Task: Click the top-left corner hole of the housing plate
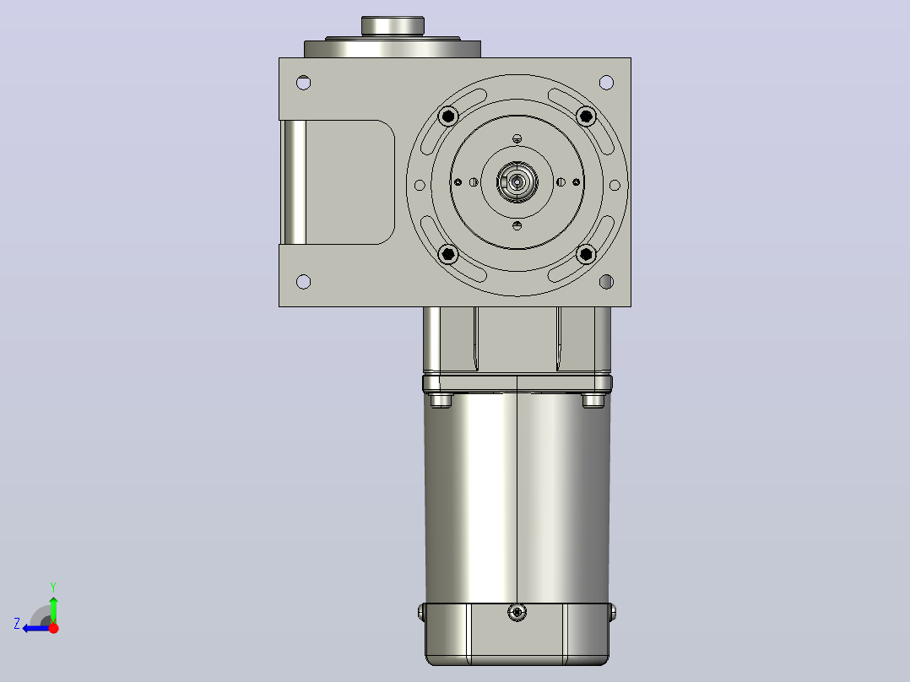(x=304, y=83)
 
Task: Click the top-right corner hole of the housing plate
(x=606, y=83)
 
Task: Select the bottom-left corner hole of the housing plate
(x=304, y=282)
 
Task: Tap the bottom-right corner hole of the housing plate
(x=606, y=282)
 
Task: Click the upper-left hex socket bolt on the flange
(x=448, y=116)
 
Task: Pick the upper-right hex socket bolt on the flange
(x=586, y=116)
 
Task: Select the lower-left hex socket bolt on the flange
(x=448, y=254)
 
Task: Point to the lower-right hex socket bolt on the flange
(x=586, y=254)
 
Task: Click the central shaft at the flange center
(x=517, y=183)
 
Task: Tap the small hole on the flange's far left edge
(x=420, y=185)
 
